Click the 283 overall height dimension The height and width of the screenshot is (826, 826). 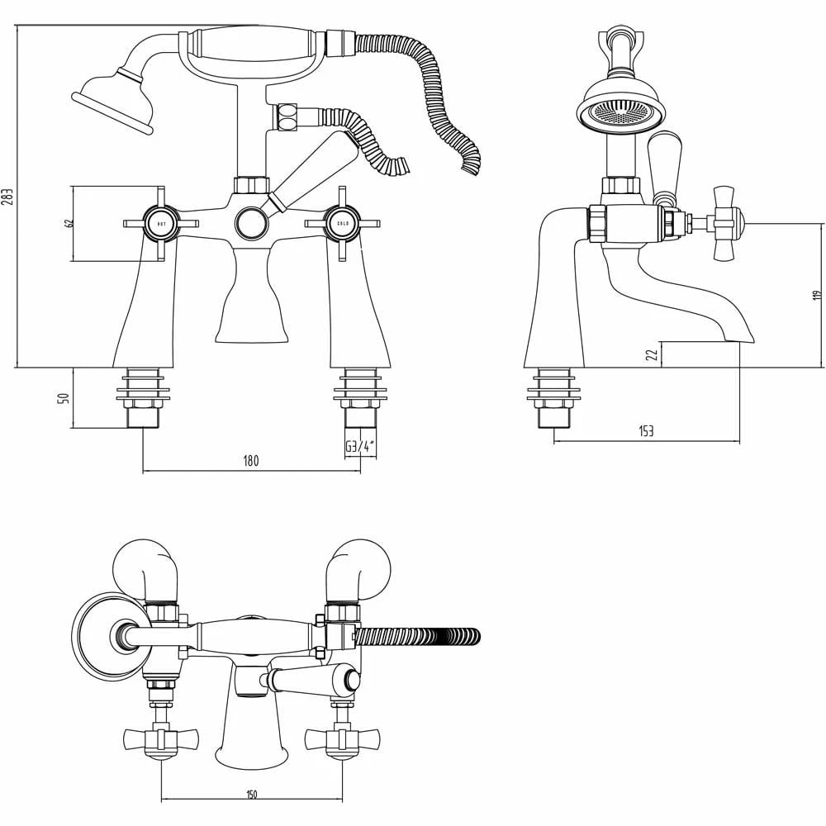click(x=7, y=197)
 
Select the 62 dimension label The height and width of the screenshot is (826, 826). click(x=69, y=223)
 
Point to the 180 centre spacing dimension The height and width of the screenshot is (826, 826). click(x=250, y=462)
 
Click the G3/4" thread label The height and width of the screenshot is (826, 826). click(x=360, y=447)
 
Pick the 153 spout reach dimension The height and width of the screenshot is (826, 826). click(x=646, y=431)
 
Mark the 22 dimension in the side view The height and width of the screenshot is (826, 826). click(x=652, y=354)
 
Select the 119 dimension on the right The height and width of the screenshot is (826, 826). click(x=816, y=294)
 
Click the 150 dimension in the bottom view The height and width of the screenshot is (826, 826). click(x=251, y=795)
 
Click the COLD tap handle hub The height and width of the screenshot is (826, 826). click(x=341, y=223)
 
